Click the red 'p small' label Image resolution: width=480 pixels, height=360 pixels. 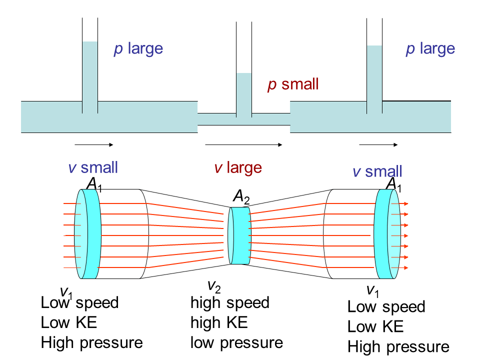coord(293,84)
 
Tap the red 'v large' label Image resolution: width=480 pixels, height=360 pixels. coord(238,167)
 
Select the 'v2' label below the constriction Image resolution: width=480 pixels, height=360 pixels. coord(214,286)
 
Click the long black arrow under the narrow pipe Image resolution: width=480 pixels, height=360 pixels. coord(244,145)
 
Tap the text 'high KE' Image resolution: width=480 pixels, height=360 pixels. coord(219,322)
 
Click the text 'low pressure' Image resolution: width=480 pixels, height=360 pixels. coord(236,342)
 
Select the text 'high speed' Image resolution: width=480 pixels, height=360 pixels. coord(230,302)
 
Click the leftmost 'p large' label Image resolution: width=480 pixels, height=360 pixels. coord(138,49)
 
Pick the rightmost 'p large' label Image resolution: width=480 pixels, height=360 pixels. coord(430,49)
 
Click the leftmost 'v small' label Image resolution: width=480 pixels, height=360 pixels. coord(93,167)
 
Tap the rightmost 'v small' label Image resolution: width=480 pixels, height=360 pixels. coord(377,172)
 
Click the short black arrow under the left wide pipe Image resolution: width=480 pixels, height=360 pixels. coord(94,145)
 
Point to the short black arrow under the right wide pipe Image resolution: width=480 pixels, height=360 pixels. coord(378,145)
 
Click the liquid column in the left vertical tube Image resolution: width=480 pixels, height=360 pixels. coord(90,75)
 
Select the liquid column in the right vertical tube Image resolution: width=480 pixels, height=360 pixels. coord(374,75)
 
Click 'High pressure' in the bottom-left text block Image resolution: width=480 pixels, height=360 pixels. coord(92,342)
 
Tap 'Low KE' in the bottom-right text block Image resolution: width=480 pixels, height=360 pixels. coord(375,326)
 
